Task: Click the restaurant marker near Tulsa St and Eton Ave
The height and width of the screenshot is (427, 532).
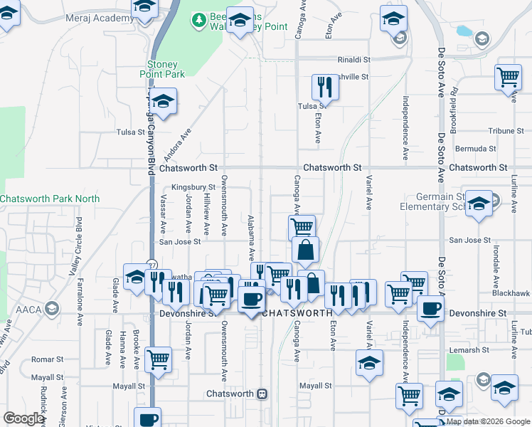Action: [324, 88]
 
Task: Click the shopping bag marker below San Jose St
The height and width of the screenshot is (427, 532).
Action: [305, 251]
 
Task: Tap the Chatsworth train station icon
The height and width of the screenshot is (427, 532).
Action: [262, 394]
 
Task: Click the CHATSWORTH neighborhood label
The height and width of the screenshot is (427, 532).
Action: [297, 312]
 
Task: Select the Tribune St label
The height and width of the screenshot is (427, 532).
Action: [506, 131]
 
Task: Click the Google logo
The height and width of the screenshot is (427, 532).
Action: [23, 418]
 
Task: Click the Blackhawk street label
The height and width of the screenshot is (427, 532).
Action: [510, 292]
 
